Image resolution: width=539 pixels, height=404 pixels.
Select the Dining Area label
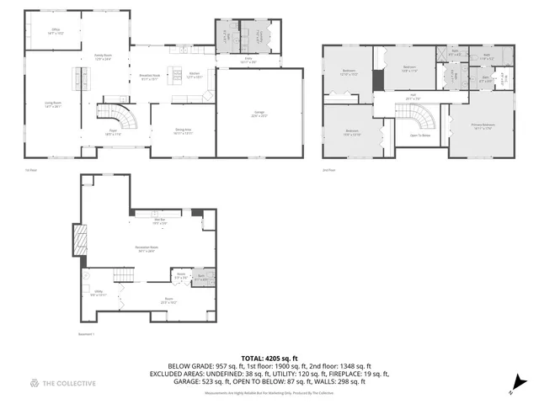[184, 131]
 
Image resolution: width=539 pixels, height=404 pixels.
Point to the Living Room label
[52, 104]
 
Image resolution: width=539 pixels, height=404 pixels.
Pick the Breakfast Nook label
[150, 77]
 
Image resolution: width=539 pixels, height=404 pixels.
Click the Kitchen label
[194, 75]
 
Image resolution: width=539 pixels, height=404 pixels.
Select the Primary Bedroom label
[483, 125]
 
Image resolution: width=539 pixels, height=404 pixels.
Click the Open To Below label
[420, 135]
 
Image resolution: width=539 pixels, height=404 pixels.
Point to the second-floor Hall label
[413, 98]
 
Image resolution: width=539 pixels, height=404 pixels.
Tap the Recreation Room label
[147, 248]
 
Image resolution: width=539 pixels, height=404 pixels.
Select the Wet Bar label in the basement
[159, 222]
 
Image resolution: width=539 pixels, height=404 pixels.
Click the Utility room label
[99, 295]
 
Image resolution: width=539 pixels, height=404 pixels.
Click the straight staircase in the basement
[124, 276]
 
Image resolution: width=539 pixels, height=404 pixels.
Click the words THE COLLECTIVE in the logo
[69, 384]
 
